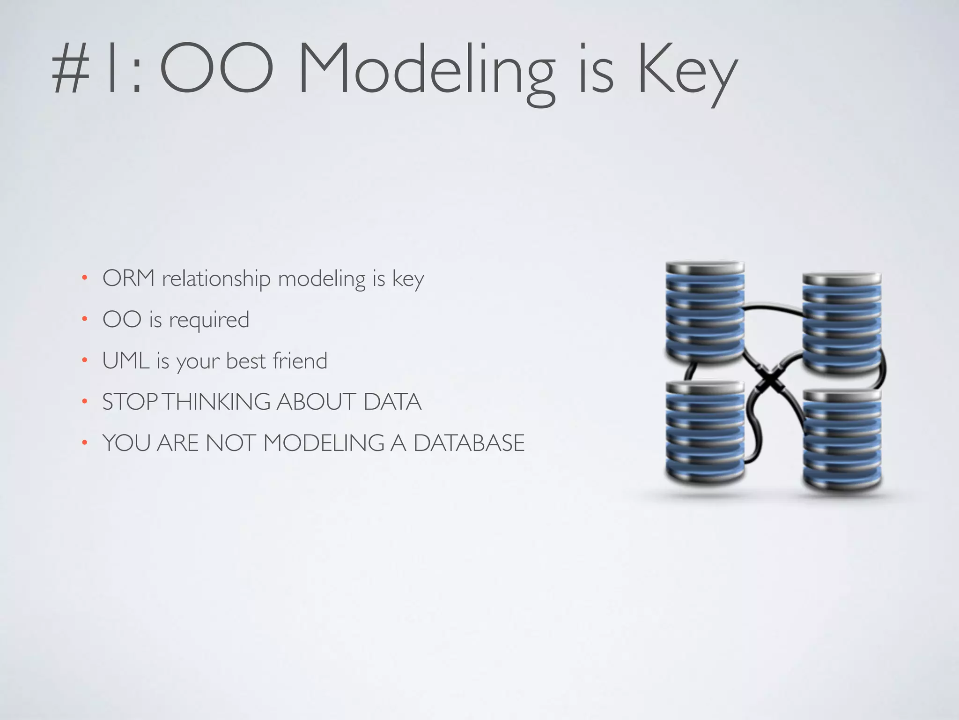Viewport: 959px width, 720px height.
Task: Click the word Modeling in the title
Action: coord(426,70)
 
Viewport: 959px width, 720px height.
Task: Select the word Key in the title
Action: coord(686,70)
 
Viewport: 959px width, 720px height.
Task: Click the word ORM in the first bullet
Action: coord(128,278)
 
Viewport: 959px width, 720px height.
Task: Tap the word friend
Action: coord(300,360)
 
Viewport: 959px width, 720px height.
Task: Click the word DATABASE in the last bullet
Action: coord(469,443)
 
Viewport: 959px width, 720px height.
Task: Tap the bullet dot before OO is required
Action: coord(84,320)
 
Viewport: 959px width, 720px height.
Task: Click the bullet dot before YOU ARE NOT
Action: coord(84,442)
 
